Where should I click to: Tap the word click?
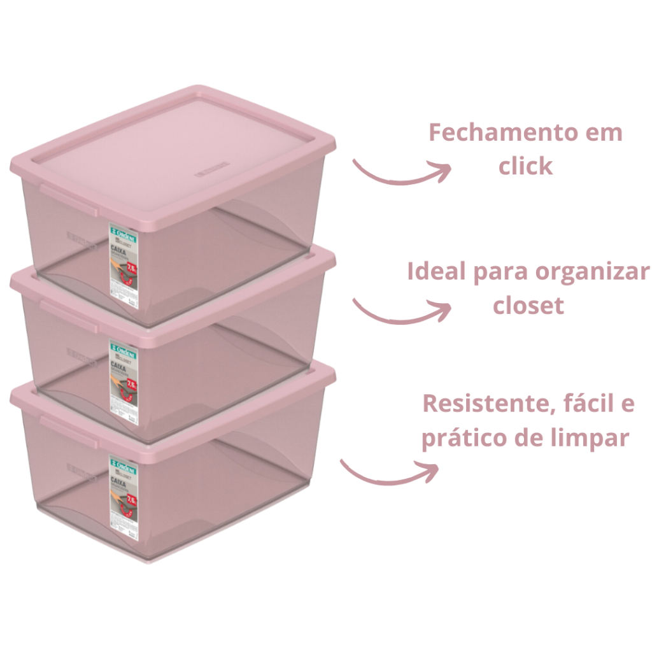click(526, 167)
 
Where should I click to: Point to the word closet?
click(528, 306)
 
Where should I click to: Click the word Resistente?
click(482, 404)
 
